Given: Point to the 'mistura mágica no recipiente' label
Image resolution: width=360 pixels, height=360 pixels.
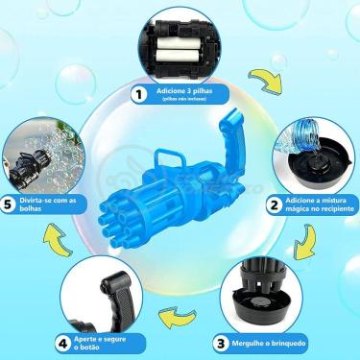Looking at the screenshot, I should coord(320,204).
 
